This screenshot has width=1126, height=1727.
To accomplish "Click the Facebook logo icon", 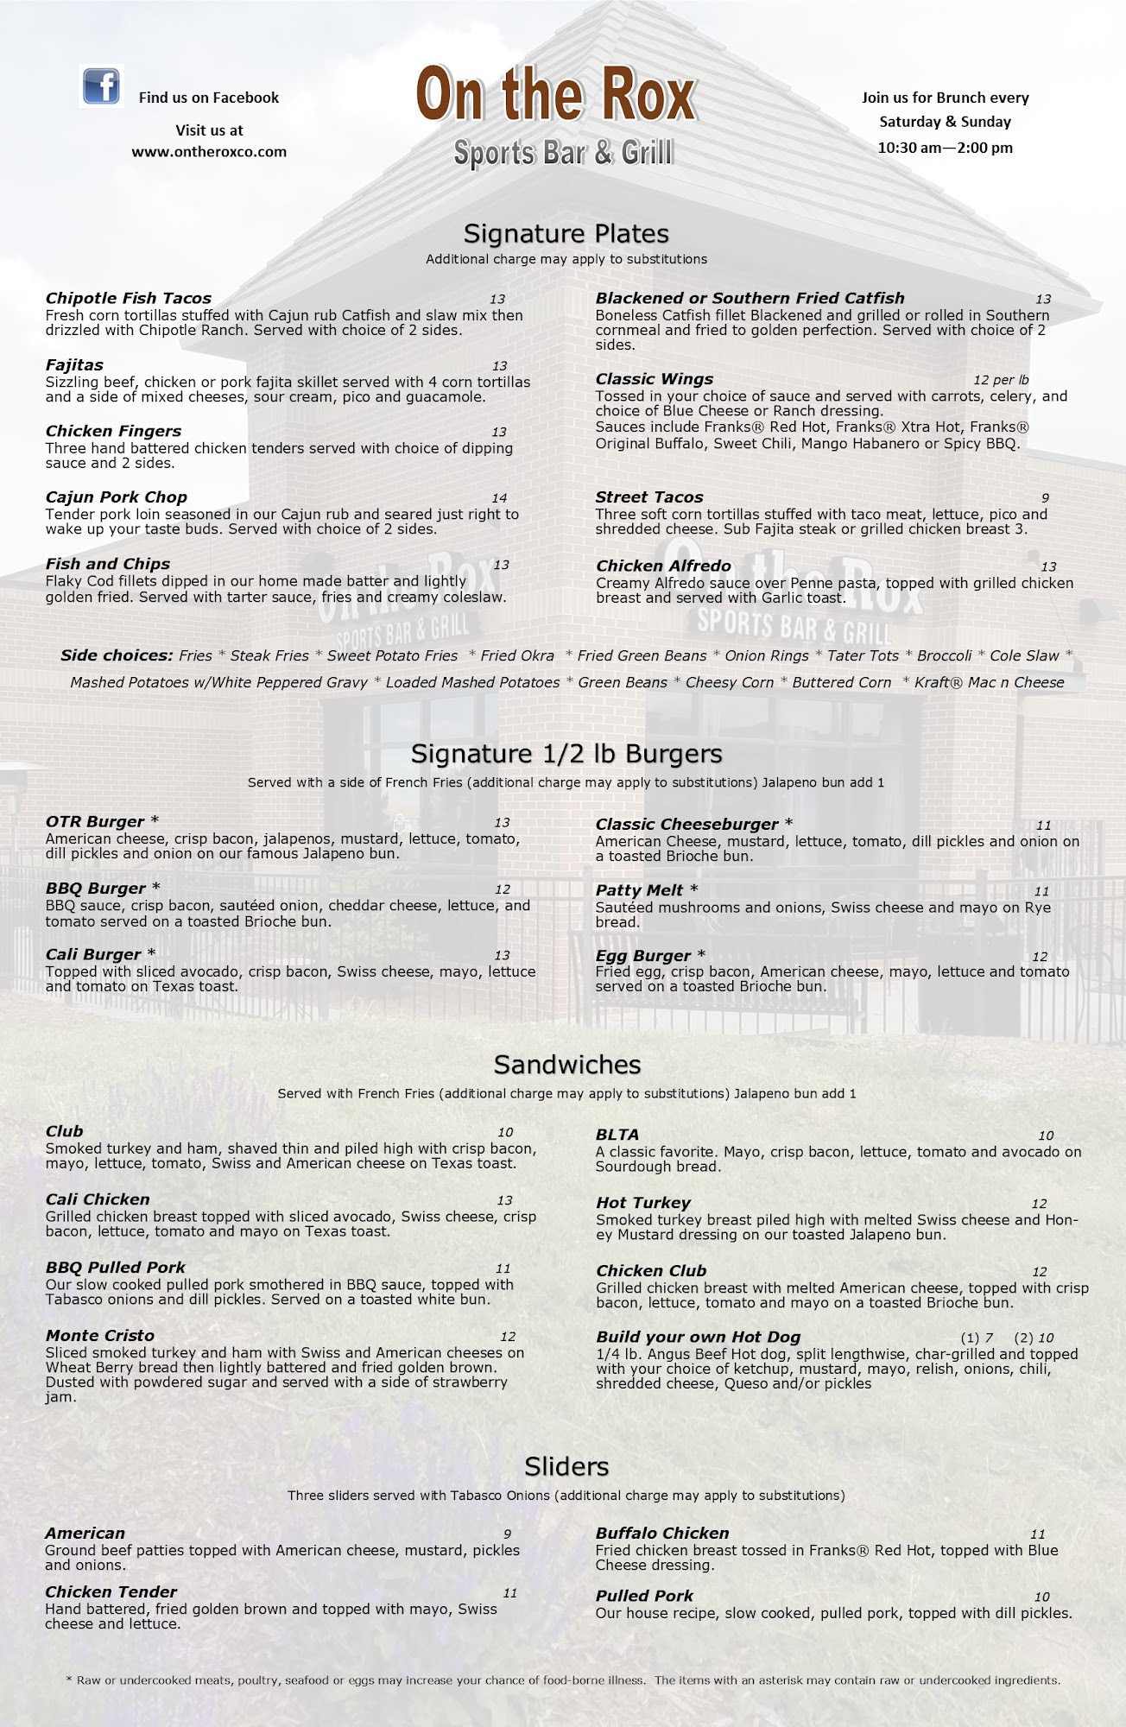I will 101,87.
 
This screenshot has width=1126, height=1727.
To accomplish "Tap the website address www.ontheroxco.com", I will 209,152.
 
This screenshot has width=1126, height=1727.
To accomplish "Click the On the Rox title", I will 556,97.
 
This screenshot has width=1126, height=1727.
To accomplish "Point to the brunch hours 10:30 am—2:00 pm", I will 945,148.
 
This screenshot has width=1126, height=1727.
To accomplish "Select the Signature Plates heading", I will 566,234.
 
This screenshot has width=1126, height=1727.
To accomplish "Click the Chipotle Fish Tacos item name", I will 128,299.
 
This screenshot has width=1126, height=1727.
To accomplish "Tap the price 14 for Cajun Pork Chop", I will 499,498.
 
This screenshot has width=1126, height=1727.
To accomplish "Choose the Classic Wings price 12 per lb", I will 1001,380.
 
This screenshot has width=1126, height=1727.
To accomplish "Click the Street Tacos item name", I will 648,497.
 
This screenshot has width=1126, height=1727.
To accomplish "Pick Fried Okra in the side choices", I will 517,656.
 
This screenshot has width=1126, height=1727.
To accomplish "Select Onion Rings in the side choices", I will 769,656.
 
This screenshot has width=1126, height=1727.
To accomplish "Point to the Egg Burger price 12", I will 1040,957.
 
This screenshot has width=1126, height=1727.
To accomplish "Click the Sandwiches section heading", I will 566,1065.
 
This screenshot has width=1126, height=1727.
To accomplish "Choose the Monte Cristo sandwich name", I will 100,1336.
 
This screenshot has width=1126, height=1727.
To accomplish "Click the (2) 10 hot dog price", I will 1034,1338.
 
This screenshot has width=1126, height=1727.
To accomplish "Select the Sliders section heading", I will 566,1466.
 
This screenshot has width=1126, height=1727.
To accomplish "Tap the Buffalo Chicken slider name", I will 662,1534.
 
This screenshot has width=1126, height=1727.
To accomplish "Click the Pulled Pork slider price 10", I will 1041,1597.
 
